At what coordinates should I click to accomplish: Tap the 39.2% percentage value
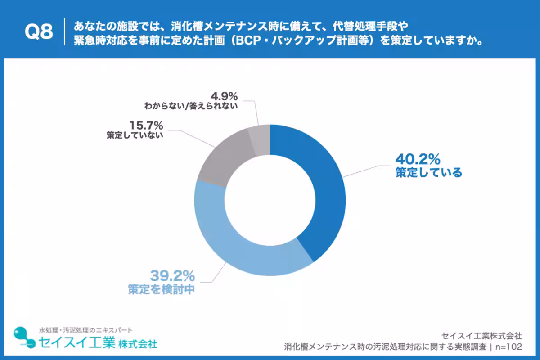click(172, 275)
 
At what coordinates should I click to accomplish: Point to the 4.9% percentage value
click(223, 96)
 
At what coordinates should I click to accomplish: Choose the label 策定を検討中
click(161, 289)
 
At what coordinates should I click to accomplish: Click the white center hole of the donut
click(270, 200)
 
